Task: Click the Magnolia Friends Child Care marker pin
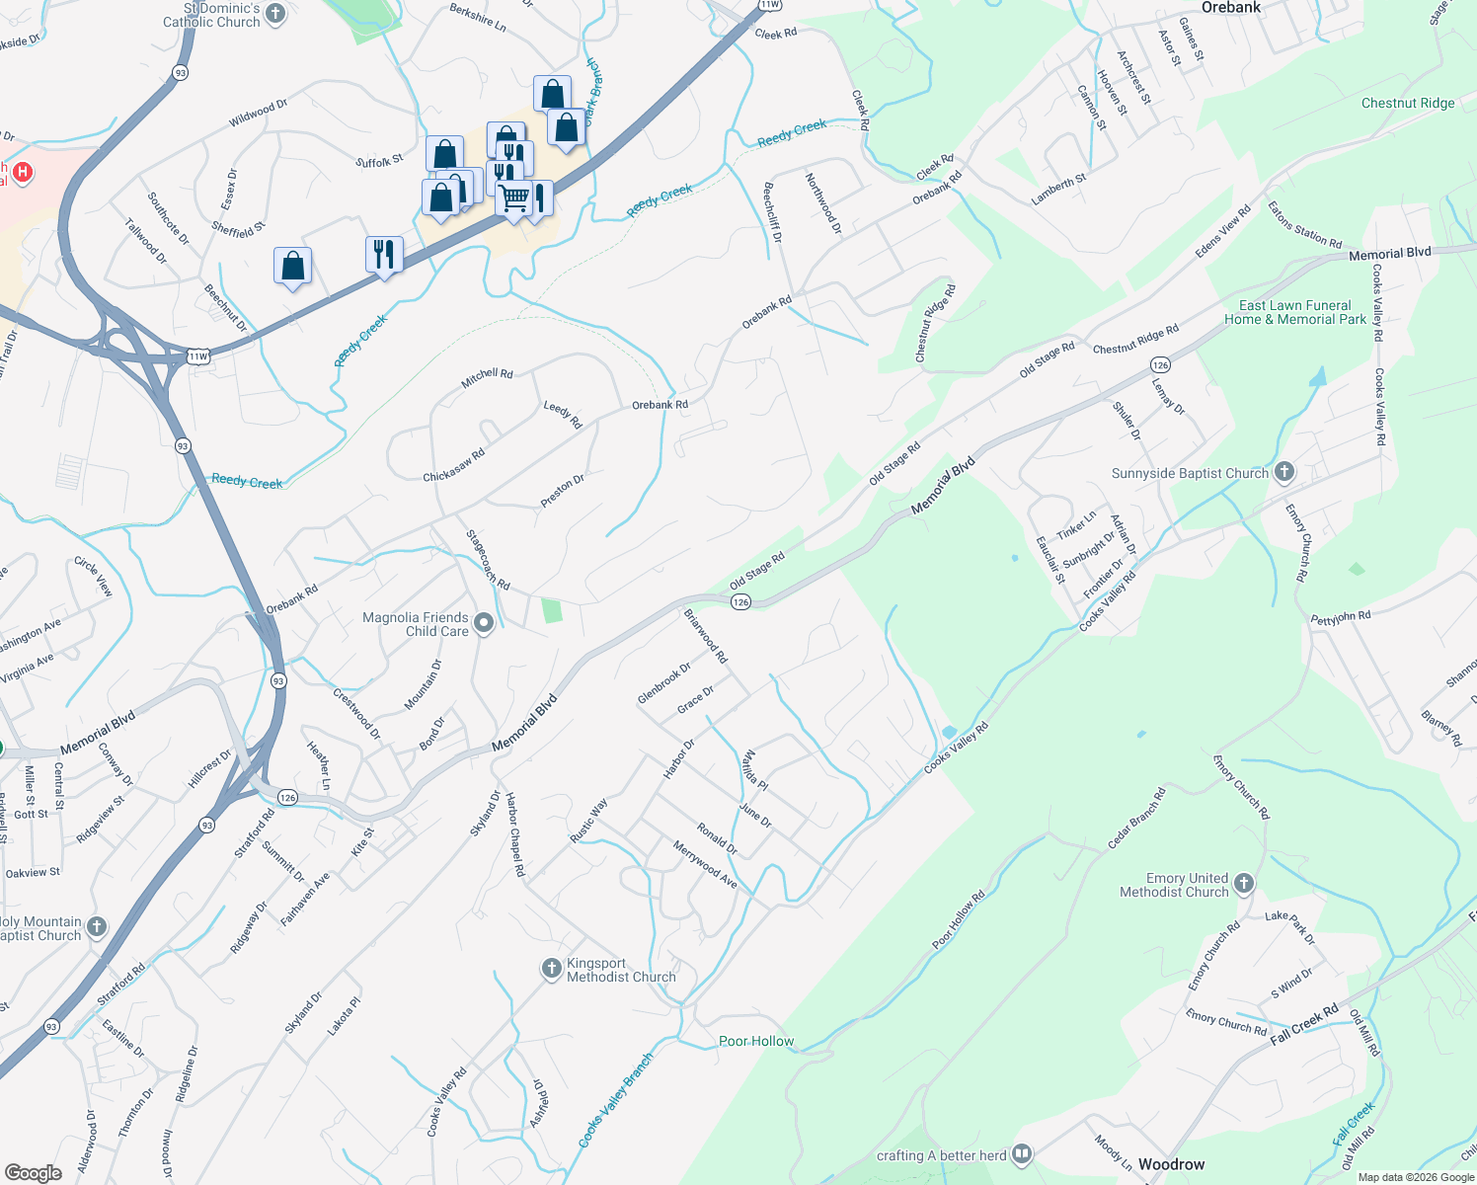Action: click(x=484, y=623)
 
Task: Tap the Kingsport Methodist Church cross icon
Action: click(x=552, y=970)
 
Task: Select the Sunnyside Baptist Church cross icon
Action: click(x=1283, y=472)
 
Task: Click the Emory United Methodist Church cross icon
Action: click(x=1244, y=884)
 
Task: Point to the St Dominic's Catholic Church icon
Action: click(x=275, y=14)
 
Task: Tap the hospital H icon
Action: click(x=22, y=173)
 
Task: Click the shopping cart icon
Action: click(x=513, y=198)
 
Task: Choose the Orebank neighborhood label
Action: click(x=1231, y=8)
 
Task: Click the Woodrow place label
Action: click(x=1171, y=1164)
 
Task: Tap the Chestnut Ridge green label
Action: click(x=1407, y=103)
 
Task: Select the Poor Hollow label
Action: click(x=756, y=1041)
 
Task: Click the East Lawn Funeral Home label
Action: click(x=1295, y=312)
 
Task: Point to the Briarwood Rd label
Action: click(x=706, y=636)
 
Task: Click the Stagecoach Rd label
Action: click(x=488, y=561)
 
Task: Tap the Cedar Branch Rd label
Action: click(x=1136, y=818)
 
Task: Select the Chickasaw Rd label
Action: click(x=454, y=465)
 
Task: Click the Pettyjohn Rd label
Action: click(x=1341, y=618)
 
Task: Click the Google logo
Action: click(x=34, y=1172)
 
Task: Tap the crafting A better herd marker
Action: click(x=1022, y=1153)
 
